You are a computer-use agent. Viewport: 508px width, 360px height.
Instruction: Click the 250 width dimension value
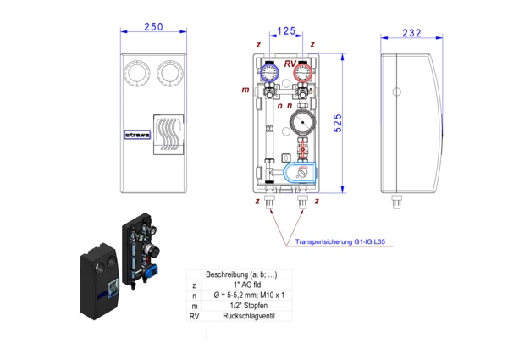[x=153, y=27]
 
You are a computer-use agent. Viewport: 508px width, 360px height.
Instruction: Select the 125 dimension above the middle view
[x=286, y=31]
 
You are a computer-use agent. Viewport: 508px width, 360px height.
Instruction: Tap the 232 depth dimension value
[x=411, y=33]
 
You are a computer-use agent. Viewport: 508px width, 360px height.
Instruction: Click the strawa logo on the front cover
[x=136, y=133]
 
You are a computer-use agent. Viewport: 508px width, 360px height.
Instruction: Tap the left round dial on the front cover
[x=136, y=74]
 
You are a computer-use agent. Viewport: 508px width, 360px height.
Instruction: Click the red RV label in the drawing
[x=290, y=64]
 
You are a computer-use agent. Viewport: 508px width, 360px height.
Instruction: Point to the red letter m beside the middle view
[x=245, y=89]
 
